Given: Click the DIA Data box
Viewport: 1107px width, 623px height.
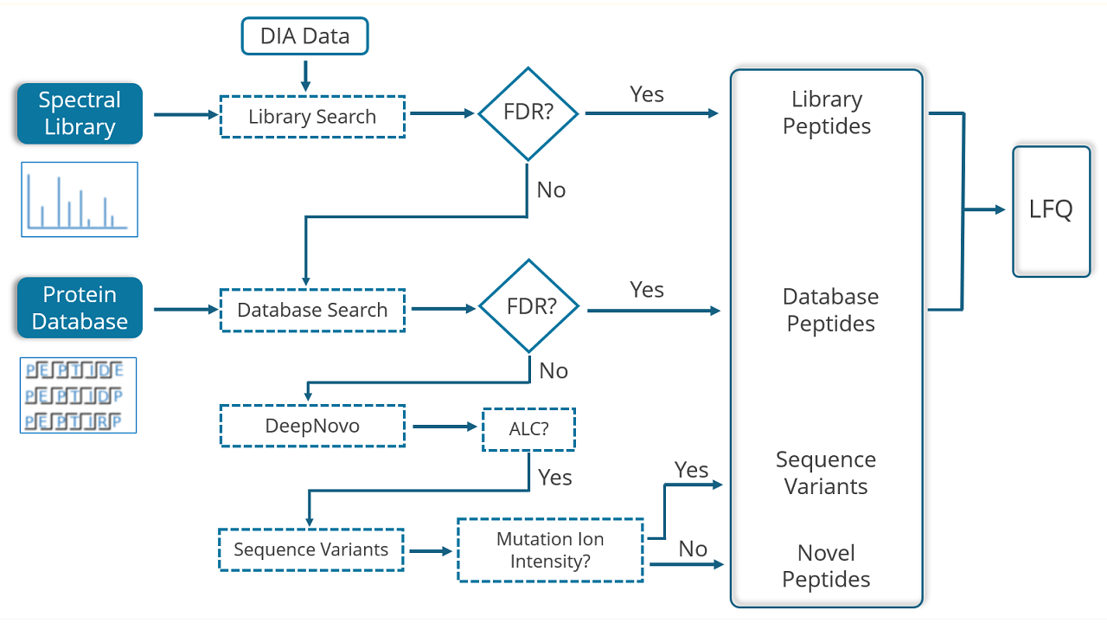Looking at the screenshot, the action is (x=305, y=36).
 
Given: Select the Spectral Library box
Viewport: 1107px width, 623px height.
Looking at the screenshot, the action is (x=80, y=113).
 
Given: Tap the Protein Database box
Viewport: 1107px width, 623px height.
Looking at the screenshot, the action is (x=80, y=307).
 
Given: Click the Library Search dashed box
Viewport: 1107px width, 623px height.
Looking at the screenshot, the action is (x=312, y=117).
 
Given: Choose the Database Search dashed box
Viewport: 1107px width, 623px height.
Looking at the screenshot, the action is (x=312, y=310).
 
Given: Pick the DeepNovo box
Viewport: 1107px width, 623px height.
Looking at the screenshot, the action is (x=312, y=426).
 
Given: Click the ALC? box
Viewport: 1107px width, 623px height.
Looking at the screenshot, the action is (x=528, y=429).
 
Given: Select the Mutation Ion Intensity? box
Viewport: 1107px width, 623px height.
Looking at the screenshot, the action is (x=550, y=549).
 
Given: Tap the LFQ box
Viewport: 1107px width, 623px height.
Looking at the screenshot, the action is (x=1051, y=211).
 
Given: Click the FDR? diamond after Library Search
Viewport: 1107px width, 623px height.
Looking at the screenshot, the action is (x=528, y=113).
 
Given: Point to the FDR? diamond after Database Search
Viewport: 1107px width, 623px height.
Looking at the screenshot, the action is (x=529, y=306).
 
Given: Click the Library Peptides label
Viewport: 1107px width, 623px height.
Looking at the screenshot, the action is (x=827, y=112).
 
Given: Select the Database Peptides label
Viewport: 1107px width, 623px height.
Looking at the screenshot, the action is (x=831, y=310).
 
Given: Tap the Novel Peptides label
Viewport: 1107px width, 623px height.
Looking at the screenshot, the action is (x=826, y=566).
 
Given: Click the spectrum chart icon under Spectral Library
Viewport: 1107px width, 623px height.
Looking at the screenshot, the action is (x=80, y=199).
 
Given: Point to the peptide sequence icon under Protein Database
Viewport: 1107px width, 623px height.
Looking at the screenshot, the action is (x=78, y=395).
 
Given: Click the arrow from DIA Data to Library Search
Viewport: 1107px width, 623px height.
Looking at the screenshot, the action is (x=305, y=76).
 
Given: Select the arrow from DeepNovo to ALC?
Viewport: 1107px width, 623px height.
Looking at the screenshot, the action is (x=445, y=427).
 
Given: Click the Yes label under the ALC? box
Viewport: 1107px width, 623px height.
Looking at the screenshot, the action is (x=555, y=478).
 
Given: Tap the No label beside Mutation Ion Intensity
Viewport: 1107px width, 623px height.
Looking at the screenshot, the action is (x=693, y=549).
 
